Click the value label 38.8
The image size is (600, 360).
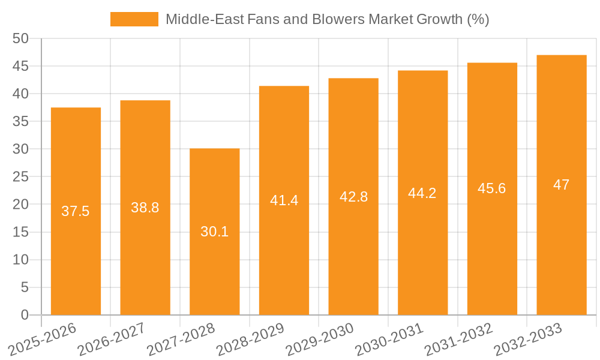click(145, 208)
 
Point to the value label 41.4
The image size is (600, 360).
click(284, 200)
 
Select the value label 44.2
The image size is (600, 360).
click(422, 193)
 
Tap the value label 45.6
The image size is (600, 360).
click(492, 188)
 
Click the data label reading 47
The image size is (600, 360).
click(562, 185)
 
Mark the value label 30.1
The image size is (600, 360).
click(214, 232)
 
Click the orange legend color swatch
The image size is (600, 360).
click(134, 19)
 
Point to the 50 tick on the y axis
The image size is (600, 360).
click(21, 38)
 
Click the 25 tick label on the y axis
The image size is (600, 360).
click(21, 177)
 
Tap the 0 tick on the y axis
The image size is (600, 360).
click(25, 315)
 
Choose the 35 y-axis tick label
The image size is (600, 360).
click(21, 121)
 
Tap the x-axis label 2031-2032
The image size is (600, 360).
click(458, 338)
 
